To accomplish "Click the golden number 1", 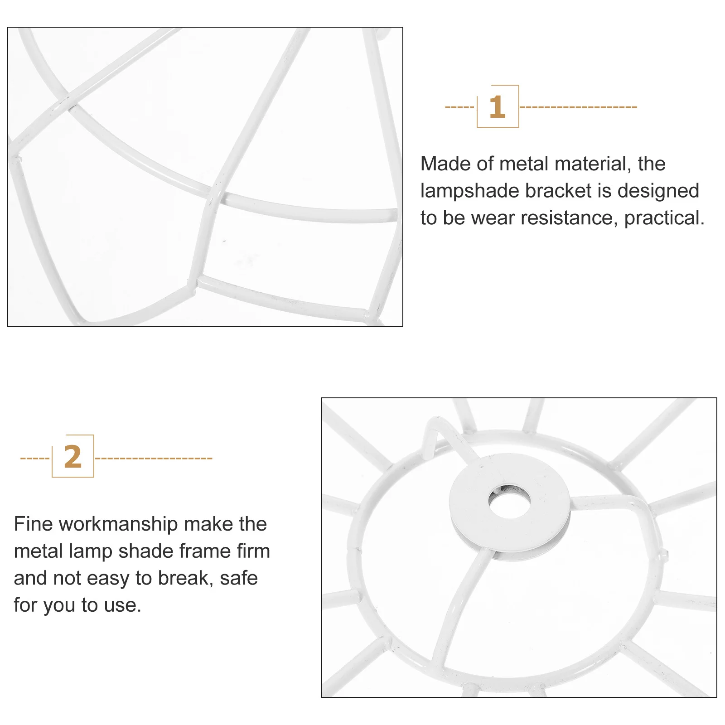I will click(497, 107).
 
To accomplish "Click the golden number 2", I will click(72, 457).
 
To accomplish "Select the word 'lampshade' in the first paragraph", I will click(469, 191).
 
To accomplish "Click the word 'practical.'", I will click(664, 218).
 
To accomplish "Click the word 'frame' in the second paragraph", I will click(205, 551).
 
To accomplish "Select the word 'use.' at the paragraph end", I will click(123, 605).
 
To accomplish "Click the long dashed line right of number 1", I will click(578, 107).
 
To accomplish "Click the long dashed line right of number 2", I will click(154, 458).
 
